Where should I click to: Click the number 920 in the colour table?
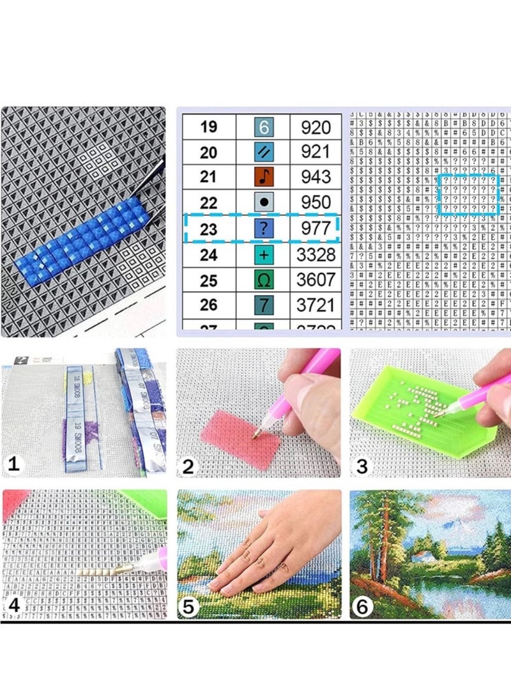(316, 126)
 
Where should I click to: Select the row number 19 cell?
(208, 126)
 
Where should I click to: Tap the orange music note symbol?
(263, 176)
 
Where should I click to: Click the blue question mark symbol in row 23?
(263, 228)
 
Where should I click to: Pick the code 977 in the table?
(316, 228)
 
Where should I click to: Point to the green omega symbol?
(263, 280)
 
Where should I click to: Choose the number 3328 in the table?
(316, 255)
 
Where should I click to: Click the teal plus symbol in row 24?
(263, 255)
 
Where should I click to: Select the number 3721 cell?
(316, 305)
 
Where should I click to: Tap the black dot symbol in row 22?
(263, 203)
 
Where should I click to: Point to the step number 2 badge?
(188, 466)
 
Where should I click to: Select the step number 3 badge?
(362, 466)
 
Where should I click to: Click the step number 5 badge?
(188, 606)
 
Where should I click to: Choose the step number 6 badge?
(362, 606)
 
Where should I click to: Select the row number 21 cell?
(208, 177)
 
